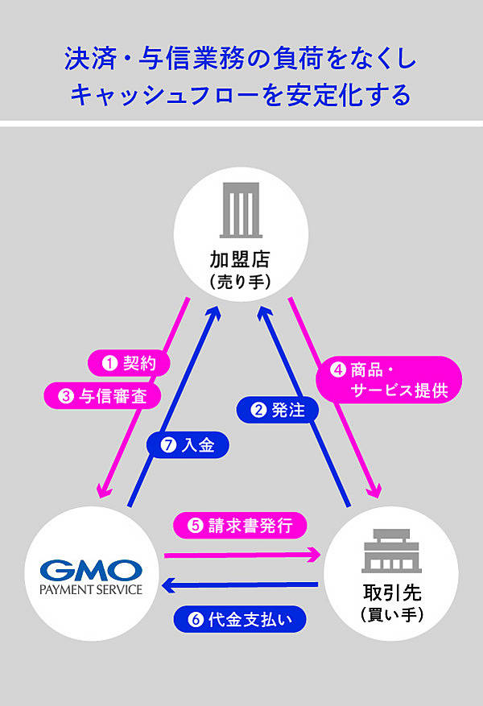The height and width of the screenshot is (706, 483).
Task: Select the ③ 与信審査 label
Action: tap(101, 394)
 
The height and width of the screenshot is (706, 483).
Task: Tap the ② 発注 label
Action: tap(278, 410)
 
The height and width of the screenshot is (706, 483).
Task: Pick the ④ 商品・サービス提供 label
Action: tap(388, 380)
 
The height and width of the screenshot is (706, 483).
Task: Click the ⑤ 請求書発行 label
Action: tap(239, 525)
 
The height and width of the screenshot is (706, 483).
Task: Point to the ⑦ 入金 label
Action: tap(188, 444)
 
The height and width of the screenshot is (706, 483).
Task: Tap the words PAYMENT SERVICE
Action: tap(90, 589)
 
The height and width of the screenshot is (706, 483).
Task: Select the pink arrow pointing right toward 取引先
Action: tap(242, 554)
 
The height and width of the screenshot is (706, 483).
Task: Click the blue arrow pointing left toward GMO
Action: tap(242, 584)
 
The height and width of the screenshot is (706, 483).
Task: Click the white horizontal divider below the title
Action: tap(242, 123)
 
